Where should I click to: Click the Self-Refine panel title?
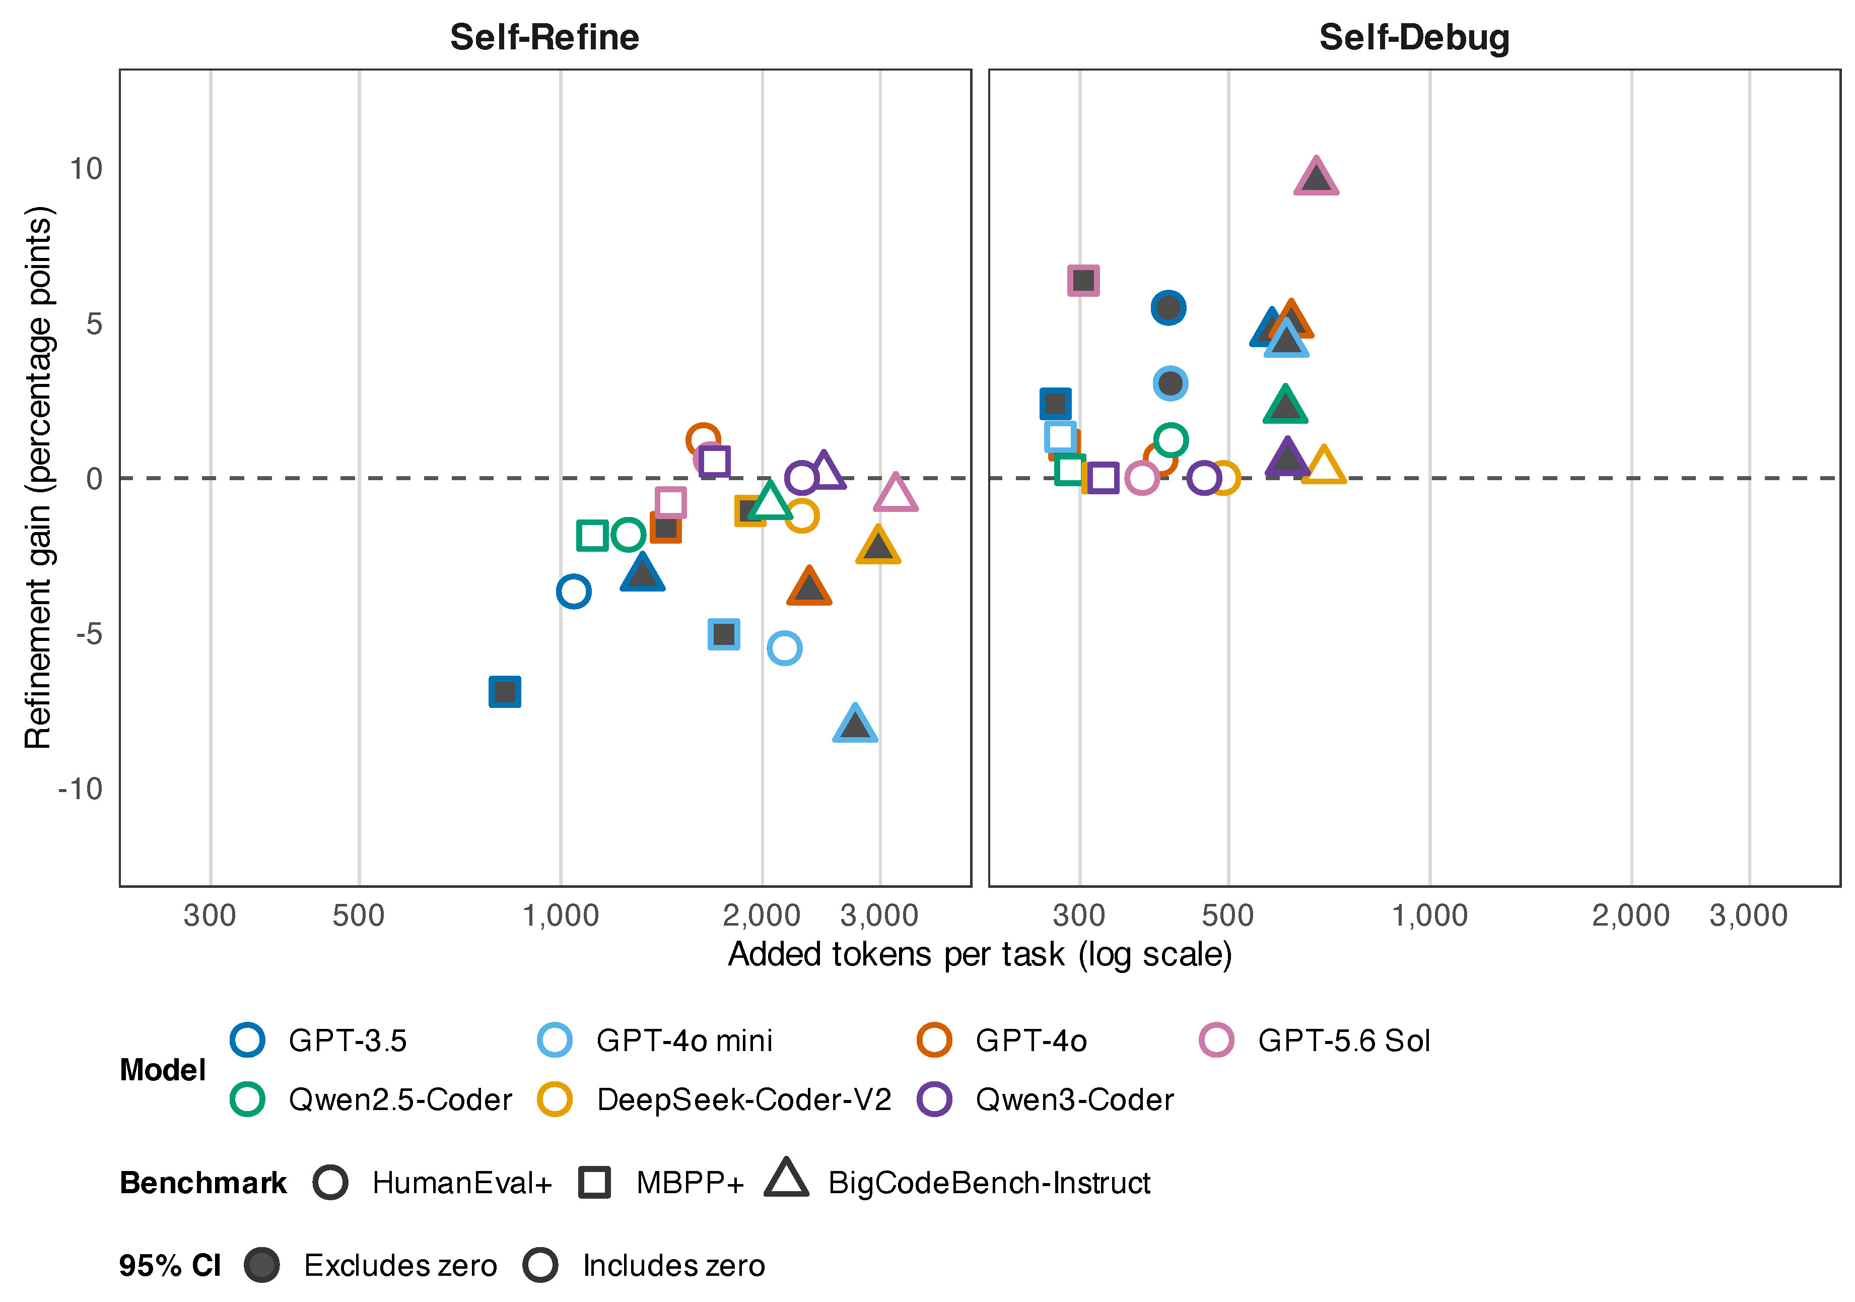click(x=544, y=37)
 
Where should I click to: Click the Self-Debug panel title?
click(x=1414, y=37)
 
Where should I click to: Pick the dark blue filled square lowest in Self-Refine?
click(x=505, y=692)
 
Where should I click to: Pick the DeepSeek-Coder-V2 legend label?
click(x=744, y=1100)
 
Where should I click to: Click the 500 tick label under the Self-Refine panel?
click(x=359, y=916)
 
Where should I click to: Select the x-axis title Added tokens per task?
click(x=980, y=954)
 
